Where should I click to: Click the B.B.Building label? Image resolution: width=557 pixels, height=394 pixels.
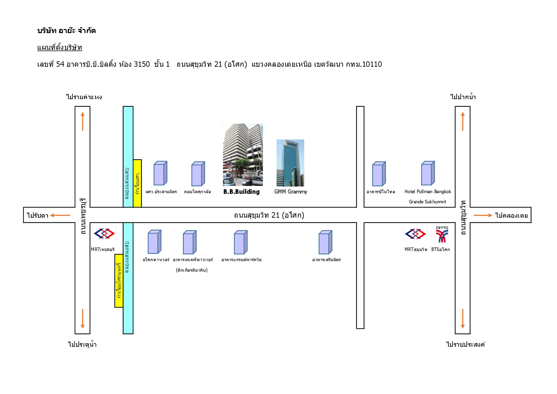coord(241,192)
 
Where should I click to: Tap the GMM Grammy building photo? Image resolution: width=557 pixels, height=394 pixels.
coord(290,163)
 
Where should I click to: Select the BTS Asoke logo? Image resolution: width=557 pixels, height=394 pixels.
coord(442,234)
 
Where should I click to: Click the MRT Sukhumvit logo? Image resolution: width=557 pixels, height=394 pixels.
coord(415,234)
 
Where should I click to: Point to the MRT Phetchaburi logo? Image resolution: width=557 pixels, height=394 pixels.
coord(104,234)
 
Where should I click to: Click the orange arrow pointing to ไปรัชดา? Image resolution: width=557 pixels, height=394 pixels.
coord(60,215)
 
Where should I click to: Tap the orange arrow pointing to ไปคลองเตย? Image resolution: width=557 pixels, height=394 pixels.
coord(483,215)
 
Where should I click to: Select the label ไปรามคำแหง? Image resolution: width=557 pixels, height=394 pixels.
coord(84,97)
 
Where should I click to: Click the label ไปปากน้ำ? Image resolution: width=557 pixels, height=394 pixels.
coord(463,97)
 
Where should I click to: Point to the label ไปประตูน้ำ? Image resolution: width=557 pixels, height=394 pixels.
coord(82,344)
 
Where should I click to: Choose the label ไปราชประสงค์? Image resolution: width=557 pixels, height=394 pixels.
coord(466,344)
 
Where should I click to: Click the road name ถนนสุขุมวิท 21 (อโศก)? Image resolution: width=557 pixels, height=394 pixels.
coord(269,215)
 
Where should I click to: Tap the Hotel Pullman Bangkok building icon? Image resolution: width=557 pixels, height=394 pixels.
coord(428,173)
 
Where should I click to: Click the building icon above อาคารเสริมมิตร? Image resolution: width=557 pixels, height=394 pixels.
coord(325,242)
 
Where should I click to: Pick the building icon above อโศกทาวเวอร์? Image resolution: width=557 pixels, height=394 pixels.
coord(154,242)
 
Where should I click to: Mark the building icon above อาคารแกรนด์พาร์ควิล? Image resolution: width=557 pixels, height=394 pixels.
coord(240,242)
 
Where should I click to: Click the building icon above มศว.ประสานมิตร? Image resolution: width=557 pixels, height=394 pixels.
coord(160,173)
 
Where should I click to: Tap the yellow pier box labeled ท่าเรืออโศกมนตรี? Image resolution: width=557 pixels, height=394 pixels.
coord(119,281)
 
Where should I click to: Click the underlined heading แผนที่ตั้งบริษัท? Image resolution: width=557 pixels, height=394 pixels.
coord(60,48)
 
